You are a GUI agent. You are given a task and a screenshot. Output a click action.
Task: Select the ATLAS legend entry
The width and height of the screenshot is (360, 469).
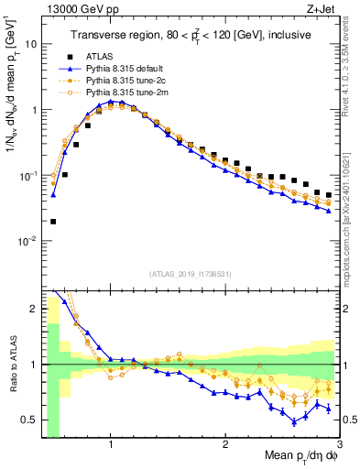(x=101, y=56)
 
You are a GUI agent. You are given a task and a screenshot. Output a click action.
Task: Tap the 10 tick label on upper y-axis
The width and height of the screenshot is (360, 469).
(x=30, y=44)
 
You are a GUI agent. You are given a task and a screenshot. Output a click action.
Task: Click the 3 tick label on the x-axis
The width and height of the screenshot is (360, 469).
(x=339, y=443)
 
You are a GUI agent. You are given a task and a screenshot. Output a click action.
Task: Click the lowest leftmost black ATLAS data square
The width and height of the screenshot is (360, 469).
(x=53, y=221)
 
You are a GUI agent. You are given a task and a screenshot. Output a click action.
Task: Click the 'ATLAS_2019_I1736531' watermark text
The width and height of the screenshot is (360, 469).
(x=190, y=274)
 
